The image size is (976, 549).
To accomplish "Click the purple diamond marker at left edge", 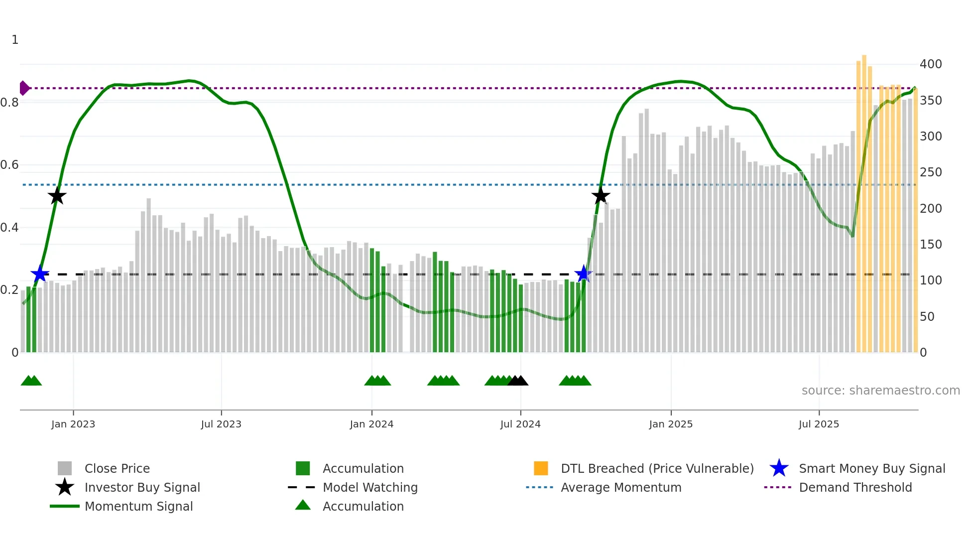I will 24,88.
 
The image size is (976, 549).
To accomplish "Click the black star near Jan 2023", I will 57,196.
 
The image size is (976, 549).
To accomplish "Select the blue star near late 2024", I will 583,274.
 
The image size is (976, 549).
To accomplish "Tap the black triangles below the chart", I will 518,381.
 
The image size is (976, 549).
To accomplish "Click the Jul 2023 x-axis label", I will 221,424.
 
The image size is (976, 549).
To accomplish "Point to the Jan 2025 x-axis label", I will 671,424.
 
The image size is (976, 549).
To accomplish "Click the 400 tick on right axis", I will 930,64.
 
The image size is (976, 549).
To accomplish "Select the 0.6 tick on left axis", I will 10,165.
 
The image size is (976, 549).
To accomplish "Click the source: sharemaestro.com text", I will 880,391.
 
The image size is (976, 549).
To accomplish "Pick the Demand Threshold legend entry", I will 855,487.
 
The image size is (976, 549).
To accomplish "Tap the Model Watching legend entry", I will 369,487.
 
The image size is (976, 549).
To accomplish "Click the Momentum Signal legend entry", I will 138,506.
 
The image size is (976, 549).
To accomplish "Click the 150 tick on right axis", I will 930,245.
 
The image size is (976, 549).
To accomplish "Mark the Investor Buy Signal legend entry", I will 142,487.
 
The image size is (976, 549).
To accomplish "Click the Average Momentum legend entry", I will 620,487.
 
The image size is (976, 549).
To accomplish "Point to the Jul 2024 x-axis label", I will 520,424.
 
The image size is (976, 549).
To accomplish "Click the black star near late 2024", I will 601,196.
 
